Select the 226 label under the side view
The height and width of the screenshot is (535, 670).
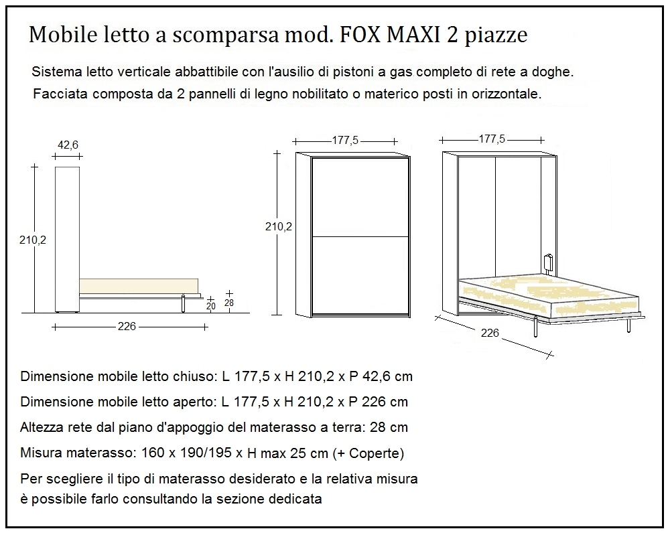tap(127, 326)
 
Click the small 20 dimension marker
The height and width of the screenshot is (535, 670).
tap(211, 306)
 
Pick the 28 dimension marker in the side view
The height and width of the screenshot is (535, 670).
tap(230, 303)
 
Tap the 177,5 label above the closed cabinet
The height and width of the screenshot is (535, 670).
tap(345, 140)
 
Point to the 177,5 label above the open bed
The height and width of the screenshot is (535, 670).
tap(492, 139)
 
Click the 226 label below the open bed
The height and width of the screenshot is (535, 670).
tap(490, 333)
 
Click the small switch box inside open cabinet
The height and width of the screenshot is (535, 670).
tap(549, 263)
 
